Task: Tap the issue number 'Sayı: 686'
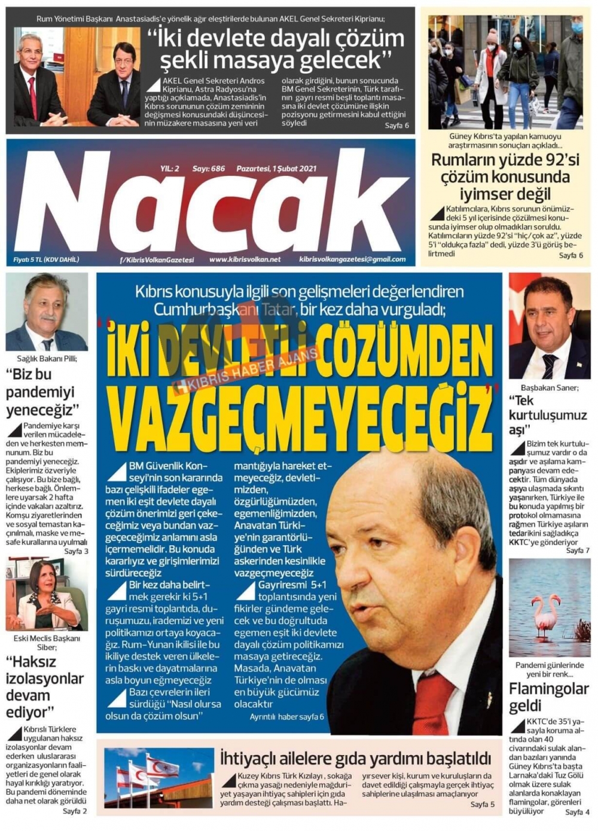208,169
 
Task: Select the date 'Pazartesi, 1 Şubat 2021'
276,169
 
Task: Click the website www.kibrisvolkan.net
245,259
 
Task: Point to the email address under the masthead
352,259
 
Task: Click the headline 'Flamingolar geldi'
548,697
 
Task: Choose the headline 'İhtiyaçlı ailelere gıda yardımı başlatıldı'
355,759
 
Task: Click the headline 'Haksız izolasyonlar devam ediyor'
44,687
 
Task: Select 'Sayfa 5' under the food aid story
482,804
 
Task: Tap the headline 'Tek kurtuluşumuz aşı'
547,415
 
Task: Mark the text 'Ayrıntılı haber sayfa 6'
286,716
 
